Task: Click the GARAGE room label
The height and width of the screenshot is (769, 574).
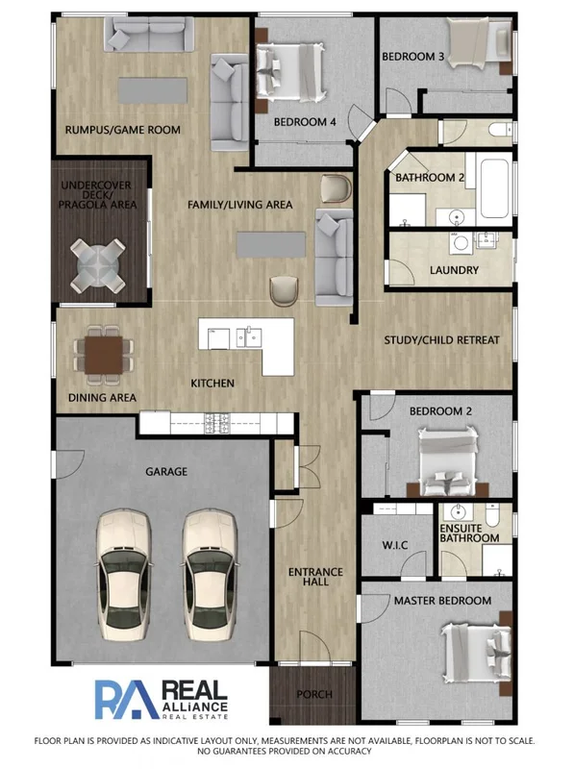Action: pyautogui.click(x=165, y=472)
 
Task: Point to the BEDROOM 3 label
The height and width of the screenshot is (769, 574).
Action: pyautogui.click(x=412, y=57)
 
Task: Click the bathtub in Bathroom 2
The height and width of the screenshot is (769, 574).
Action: pyautogui.click(x=496, y=186)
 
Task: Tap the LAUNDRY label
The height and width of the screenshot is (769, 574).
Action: pyautogui.click(x=454, y=271)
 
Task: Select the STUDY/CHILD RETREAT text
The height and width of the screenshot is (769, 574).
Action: pyautogui.click(x=441, y=340)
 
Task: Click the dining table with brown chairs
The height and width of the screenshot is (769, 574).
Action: pyautogui.click(x=103, y=352)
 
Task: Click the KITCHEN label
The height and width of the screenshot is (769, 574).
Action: pyautogui.click(x=212, y=384)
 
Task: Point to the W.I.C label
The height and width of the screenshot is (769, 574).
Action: pyautogui.click(x=395, y=545)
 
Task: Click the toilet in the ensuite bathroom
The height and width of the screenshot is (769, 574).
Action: pyautogui.click(x=491, y=518)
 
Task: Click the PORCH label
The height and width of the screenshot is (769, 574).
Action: pyautogui.click(x=314, y=694)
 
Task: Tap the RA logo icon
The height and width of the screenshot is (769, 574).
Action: pyautogui.click(x=125, y=699)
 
